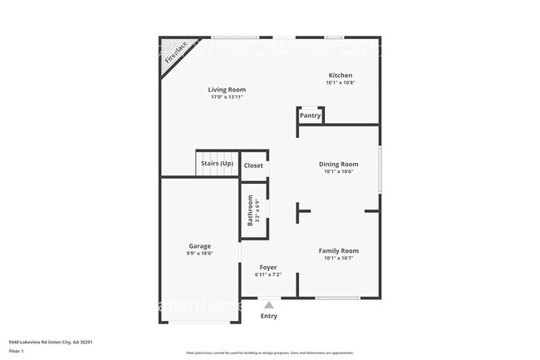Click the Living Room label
tap(227, 90)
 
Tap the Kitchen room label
tap(340, 75)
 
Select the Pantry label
tap(310, 116)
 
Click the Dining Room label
tap(339, 164)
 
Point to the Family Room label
tap(339, 250)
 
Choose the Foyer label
tap(268, 267)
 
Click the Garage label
tap(199, 246)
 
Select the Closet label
tap(253, 165)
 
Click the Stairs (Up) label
tap(217, 163)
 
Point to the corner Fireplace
tap(174, 52)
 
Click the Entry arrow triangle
tap(268, 305)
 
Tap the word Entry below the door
tap(269, 316)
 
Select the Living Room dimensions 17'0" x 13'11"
tap(227, 97)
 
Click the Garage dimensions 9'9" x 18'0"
tap(199, 254)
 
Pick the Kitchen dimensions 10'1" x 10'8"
tap(340, 82)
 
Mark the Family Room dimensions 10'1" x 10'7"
tap(339, 258)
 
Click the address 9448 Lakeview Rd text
tap(50, 341)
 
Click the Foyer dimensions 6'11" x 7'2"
tap(268, 274)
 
